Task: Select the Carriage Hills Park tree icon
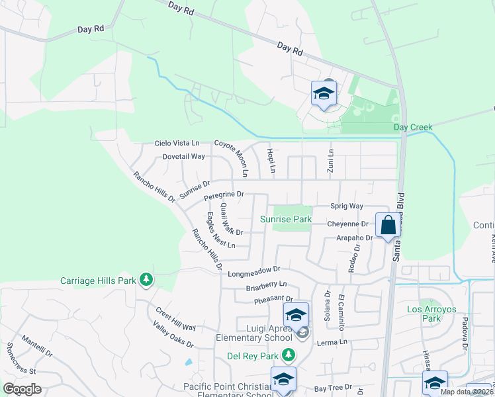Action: pyautogui.click(x=146, y=281)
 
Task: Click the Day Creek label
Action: pyautogui.click(x=412, y=127)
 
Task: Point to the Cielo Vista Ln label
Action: pyautogui.click(x=177, y=143)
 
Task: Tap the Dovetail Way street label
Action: pyautogui.click(x=184, y=157)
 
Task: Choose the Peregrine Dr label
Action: pyautogui.click(x=224, y=195)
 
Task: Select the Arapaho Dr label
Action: pyautogui.click(x=354, y=238)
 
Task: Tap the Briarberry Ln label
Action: pyautogui.click(x=265, y=285)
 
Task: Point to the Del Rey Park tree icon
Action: pyautogui.click(x=287, y=355)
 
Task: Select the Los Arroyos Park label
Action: pyautogui.click(x=432, y=313)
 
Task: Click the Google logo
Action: pyautogui.click(x=22, y=389)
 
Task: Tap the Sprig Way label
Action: pyautogui.click(x=347, y=206)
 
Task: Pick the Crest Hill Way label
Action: pyautogui.click(x=176, y=318)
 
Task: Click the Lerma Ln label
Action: pyautogui.click(x=334, y=342)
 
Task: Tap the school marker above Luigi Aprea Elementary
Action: pyautogui.click(x=296, y=315)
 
